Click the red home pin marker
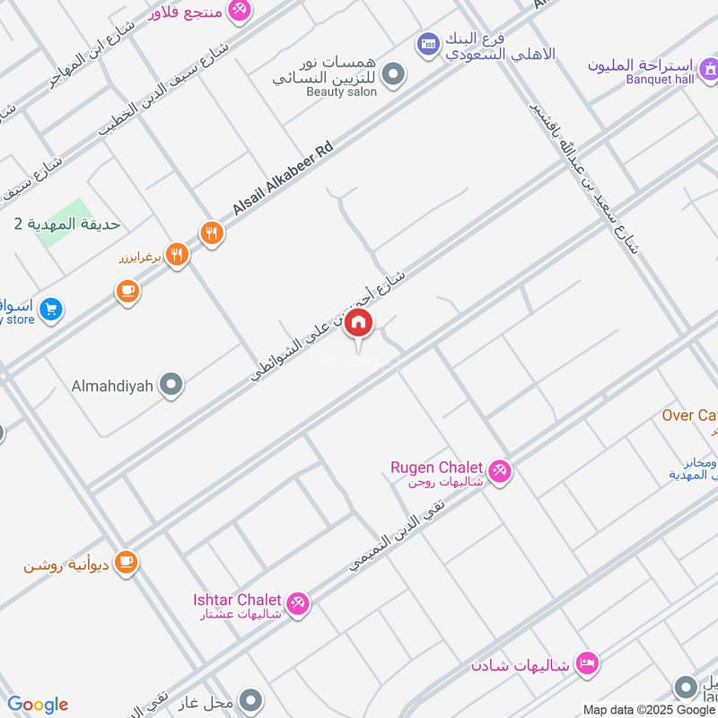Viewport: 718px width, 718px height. (x=358, y=324)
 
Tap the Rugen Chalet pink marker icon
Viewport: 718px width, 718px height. (x=500, y=468)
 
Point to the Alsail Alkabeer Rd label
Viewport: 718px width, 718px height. (x=282, y=177)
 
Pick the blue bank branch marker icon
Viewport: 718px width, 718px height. (x=427, y=42)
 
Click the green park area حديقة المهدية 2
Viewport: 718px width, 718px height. (x=67, y=224)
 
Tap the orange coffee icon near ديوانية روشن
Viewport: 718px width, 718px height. (x=126, y=562)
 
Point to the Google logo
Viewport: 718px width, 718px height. (x=38, y=704)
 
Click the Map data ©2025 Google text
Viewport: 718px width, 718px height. (x=648, y=709)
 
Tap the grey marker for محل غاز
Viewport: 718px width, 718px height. (x=252, y=700)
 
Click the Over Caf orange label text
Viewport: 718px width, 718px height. (x=689, y=416)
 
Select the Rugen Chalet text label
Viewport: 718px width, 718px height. (x=437, y=468)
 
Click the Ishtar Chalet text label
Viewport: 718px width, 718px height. (x=238, y=600)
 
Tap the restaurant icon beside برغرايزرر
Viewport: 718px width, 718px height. (x=177, y=255)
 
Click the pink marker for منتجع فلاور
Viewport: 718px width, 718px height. (x=239, y=10)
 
